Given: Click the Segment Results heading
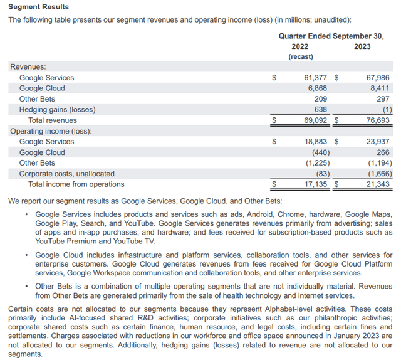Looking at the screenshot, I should click(x=39, y=7).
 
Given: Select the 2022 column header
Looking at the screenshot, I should click(x=299, y=46).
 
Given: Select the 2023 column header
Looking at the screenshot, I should click(x=362, y=46).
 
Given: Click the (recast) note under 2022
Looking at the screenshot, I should click(x=301, y=57).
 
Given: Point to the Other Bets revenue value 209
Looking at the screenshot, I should click(x=320, y=99).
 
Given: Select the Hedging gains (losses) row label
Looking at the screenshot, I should click(x=57, y=110).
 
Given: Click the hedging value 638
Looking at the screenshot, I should click(x=320, y=110).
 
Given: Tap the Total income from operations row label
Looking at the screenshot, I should click(x=76, y=184).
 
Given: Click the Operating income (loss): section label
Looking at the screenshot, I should click(x=51, y=131).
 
